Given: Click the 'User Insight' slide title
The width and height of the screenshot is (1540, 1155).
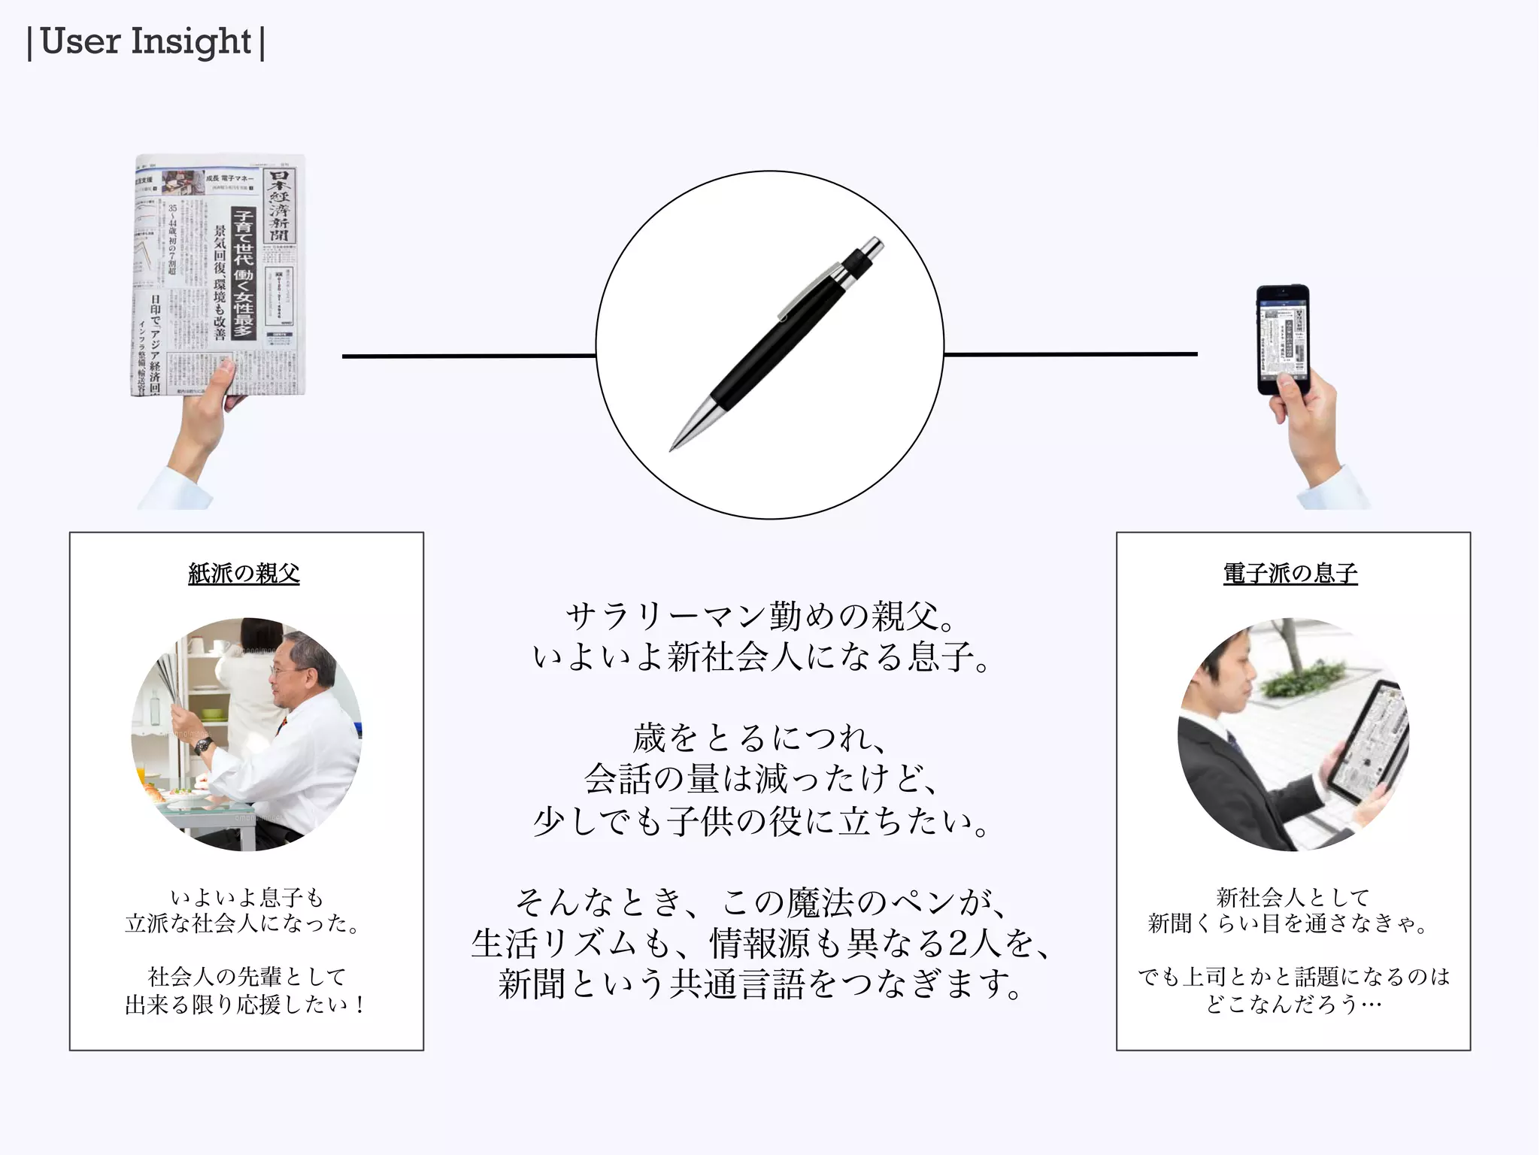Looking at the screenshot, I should [x=146, y=42].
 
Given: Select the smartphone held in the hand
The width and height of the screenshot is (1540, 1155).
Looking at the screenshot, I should [x=1283, y=338].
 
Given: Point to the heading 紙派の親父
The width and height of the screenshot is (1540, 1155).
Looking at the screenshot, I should [x=244, y=574].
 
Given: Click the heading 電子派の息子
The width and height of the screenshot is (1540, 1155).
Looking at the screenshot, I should [x=1290, y=574].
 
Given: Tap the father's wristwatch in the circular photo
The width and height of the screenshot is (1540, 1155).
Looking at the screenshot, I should [x=203, y=744].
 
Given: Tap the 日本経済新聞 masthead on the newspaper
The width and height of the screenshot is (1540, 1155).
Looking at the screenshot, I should [x=280, y=206].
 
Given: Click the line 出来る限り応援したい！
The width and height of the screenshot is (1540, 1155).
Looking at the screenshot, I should [x=246, y=1005].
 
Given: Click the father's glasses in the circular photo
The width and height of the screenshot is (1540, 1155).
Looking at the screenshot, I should [x=282, y=671].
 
